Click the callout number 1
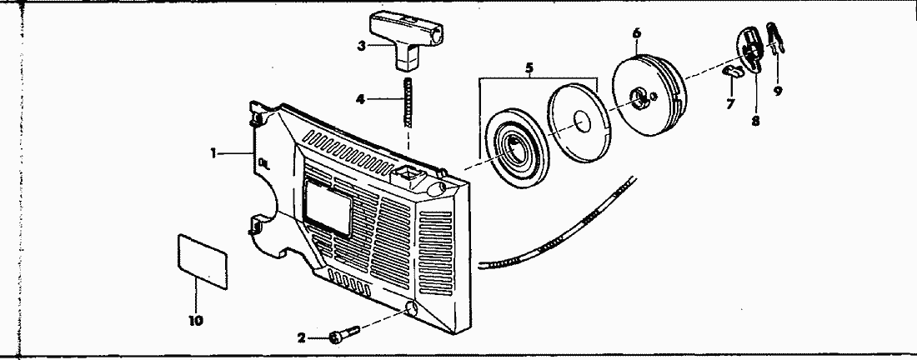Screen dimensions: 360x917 click(214, 152)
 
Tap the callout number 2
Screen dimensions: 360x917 click(302, 337)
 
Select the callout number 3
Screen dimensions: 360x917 click(361, 46)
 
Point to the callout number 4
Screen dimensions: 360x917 click(360, 99)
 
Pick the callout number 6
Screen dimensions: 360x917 click(637, 33)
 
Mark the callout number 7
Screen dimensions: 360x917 click(730, 104)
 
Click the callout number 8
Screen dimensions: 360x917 click(755, 120)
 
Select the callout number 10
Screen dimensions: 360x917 click(198, 319)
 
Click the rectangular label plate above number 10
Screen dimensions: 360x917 click(203, 260)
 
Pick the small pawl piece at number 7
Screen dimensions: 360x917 click(733, 72)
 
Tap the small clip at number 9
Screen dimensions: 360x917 click(774, 38)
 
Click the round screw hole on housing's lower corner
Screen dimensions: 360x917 click(410, 309)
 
